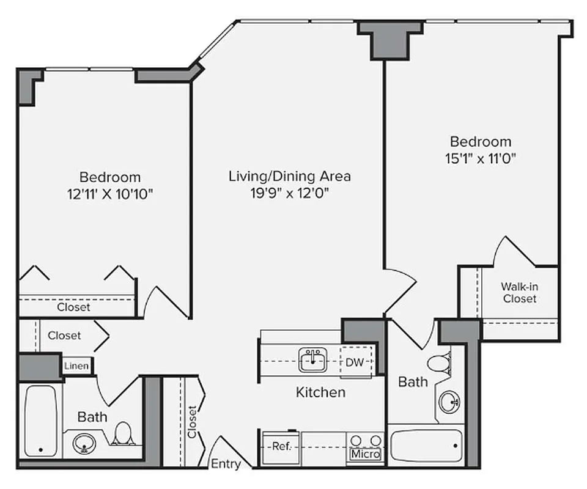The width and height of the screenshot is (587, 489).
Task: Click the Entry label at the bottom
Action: click(x=226, y=464)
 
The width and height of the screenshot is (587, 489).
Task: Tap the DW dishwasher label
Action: click(x=355, y=362)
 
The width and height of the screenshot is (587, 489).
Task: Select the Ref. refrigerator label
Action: click(x=281, y=446)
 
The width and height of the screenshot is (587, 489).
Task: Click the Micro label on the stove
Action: click(x=365, y=454)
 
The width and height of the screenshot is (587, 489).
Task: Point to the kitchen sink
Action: click(x=313, y=360)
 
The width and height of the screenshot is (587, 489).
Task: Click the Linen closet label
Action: click(x=77, y=366)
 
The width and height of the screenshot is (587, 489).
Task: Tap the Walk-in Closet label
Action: click(x=520, y=292)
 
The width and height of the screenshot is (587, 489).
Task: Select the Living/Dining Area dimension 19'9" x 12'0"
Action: click(x=289, y=194)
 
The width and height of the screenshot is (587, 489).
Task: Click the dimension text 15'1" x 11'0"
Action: click(x=481, y=158)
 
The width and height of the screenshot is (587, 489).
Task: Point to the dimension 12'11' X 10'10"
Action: click(x=110, y=194)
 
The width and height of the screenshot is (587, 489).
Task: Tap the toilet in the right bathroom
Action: click(x=438, y=364)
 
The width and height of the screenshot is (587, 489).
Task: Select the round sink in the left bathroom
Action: click(x=84, y=443)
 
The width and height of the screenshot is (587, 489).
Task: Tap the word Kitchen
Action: click(x=320, y=392)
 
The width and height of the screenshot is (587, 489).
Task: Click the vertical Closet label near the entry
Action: click(x=193, y=422)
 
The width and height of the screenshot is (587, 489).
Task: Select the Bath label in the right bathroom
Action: click(x=413, y=382)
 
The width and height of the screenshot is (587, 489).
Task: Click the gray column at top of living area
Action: click(x=389, y=40)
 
